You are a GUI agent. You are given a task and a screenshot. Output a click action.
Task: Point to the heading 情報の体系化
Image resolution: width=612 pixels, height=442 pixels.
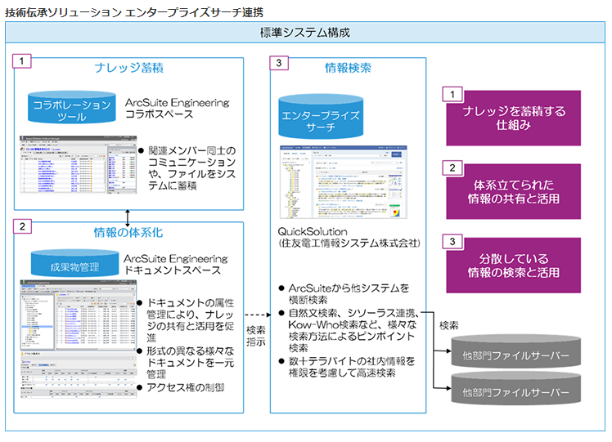click(x=127, y=232)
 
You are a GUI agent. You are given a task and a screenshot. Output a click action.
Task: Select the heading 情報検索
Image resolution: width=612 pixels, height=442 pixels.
click(x=348, y=66)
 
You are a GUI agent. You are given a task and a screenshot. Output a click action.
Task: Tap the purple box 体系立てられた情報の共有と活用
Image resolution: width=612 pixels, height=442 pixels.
click(x=513, y=191)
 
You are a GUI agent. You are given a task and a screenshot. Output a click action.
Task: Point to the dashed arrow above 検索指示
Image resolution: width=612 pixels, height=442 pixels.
click(x=256, y=313)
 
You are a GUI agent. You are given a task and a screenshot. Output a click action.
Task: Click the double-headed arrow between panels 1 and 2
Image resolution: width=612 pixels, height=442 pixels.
click(x=128, y=216)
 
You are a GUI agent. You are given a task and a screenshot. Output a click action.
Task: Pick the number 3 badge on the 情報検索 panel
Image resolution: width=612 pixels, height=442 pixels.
click(x=281, y=63)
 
